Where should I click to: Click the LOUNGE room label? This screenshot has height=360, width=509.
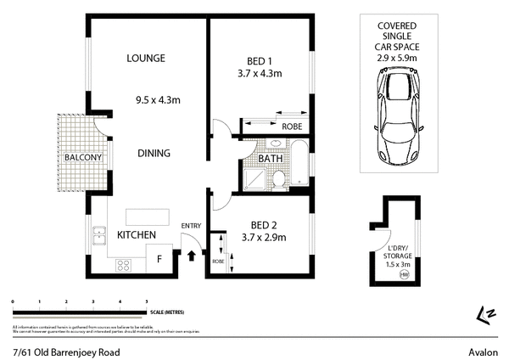coord(145,59)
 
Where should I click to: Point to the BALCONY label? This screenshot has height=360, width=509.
coord(83,157)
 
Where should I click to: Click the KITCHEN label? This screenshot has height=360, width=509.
coord(136,233)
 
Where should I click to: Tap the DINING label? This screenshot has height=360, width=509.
coord(154,154)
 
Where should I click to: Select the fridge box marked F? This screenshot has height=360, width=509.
coord(159,260)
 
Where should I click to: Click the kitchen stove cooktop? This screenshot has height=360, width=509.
coord(123,264)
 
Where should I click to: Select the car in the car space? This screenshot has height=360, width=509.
coord(395,110)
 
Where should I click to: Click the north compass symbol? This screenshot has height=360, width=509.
coord(486,313)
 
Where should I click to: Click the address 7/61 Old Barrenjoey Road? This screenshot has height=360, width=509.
coord(66,352)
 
